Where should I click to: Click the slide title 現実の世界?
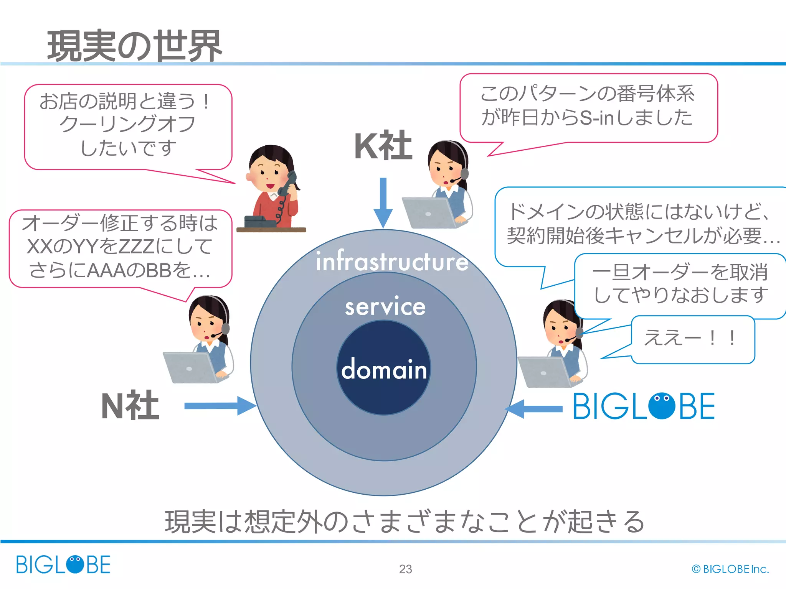(134, 46)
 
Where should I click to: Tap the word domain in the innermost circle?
(384, 369)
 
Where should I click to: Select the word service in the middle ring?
(385, 307)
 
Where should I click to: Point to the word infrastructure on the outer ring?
(392, 262)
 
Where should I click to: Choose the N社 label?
(130, 406)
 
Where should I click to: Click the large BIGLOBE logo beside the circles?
(644, 406)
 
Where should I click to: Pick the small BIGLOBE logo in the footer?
(63, 564)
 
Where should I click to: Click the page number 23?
(405, 569)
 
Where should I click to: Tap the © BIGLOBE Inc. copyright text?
(730, 569)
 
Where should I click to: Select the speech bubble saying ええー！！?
(693, 339)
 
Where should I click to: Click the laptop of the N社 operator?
(190, 367)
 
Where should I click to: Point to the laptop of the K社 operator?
(428, 213)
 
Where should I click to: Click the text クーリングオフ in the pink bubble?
(127, 124)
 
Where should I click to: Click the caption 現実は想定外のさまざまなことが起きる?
(405, 522)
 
